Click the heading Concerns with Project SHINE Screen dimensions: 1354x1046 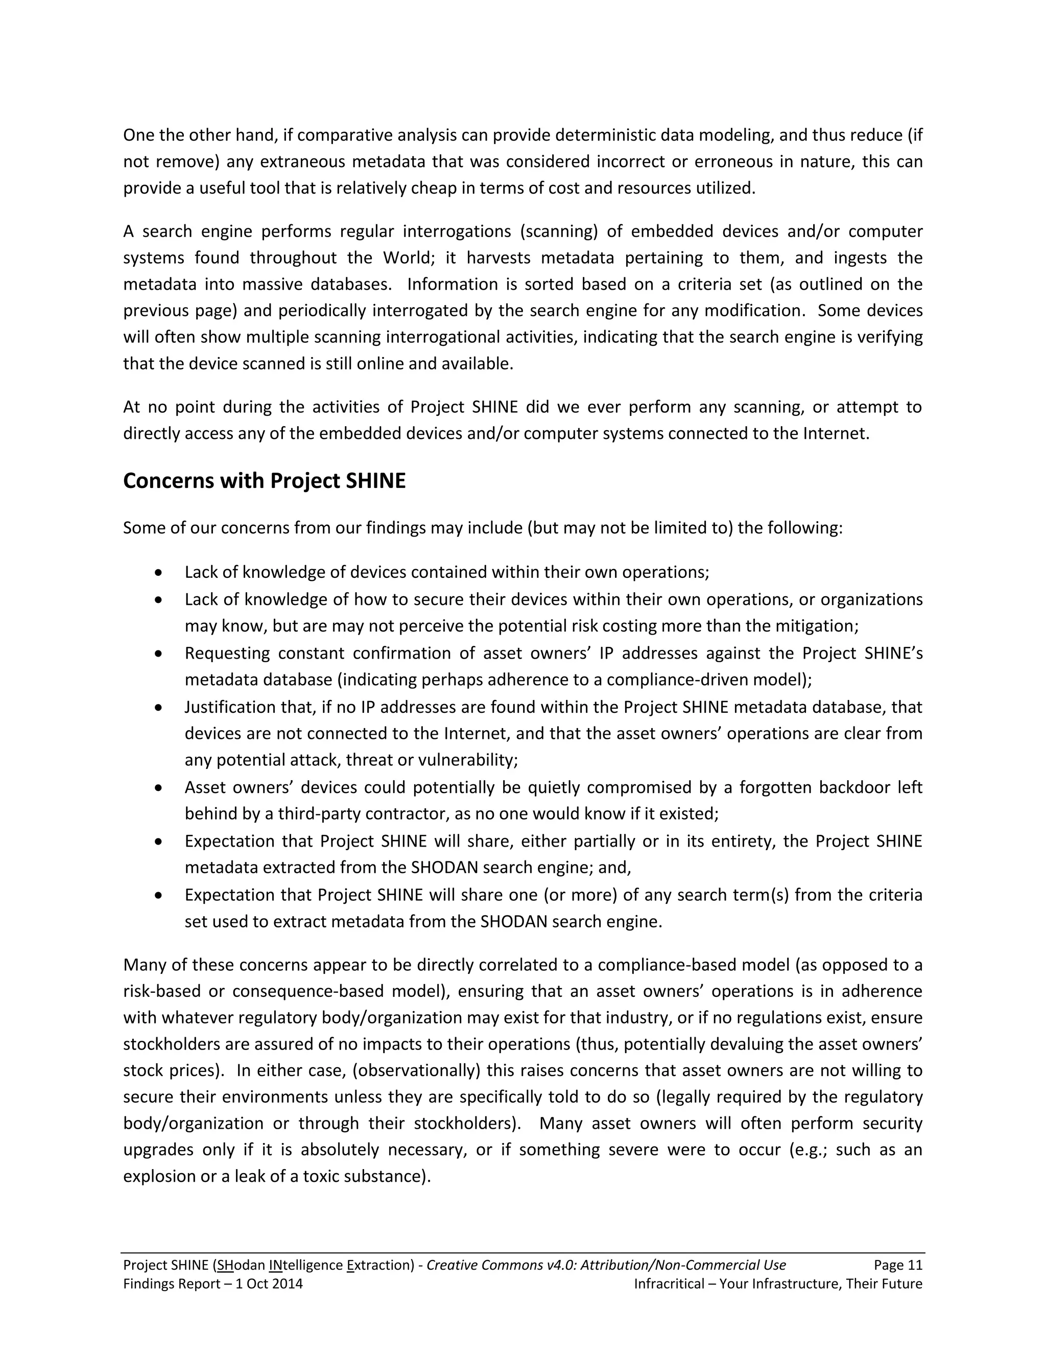click(x=264, y=481)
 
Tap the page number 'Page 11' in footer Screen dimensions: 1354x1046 click(x=898, y=1265)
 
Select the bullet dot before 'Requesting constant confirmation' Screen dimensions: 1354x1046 click(x=159, y=653)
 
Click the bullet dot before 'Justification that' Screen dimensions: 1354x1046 click(x=159, y=707)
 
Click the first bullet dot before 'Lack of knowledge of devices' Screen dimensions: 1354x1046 click(x=159, y=572)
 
